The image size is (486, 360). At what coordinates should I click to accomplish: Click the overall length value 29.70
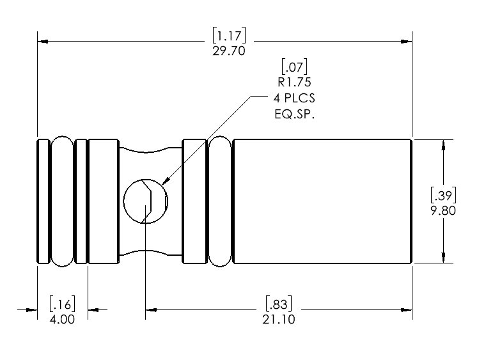(x=229, y=51)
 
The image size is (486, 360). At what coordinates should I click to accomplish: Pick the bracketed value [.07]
(x=294, y=65)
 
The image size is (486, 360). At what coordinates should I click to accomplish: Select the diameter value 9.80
(x=443, y=210)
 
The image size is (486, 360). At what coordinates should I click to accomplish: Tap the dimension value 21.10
(x=279, y=319)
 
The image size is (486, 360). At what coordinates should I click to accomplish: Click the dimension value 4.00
(x=62, y=319)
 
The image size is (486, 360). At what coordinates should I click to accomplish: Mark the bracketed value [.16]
(x=62, y=304)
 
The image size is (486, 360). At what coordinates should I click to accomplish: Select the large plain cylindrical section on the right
(x=322, y=201)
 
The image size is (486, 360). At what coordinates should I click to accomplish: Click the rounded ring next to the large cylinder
(x=219, y=201)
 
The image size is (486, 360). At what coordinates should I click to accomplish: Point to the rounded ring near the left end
(x=62, y=201)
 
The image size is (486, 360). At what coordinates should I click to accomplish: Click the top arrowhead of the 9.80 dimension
(x=443, y=144)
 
